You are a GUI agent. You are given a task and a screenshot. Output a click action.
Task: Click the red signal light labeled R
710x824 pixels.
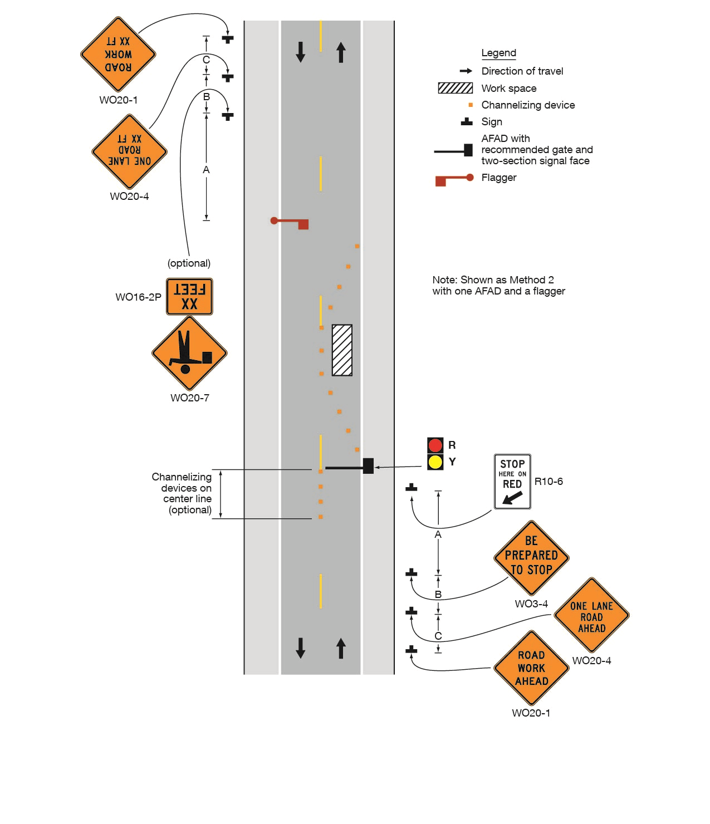click(435, 445)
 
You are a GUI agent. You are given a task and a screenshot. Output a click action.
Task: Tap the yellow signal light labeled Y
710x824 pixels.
click(435, 462)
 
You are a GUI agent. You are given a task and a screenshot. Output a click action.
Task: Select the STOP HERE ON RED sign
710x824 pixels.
click(512, 482)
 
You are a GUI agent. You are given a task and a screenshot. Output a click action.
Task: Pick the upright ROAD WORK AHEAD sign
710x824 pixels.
click(531, 668)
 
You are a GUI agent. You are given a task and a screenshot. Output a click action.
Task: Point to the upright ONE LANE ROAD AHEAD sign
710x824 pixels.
click(591, 615)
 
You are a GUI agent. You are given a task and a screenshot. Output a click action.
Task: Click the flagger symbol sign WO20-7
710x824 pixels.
click(189, 353)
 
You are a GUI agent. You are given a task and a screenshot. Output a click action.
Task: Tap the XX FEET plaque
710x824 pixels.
click(189, 297)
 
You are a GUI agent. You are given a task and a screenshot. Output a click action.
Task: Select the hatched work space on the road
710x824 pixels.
click(342, 350)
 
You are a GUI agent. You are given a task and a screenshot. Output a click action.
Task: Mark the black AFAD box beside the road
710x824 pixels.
click(368, 466)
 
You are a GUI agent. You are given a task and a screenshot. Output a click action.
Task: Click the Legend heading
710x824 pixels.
click(498, 53)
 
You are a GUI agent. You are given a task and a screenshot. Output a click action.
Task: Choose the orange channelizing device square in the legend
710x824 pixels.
click(471, 105)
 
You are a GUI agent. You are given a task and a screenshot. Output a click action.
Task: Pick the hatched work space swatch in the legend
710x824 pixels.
click(455, 88)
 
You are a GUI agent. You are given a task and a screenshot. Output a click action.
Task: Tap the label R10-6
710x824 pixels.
click(549, 482)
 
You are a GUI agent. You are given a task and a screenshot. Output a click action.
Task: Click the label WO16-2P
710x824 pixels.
click(138, 297)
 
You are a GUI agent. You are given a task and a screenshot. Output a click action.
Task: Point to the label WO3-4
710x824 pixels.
click(531, 604)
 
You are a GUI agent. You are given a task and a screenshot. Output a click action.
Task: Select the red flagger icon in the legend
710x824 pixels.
click(454, 179)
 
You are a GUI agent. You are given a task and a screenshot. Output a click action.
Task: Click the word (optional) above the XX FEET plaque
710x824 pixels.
click(189, 263)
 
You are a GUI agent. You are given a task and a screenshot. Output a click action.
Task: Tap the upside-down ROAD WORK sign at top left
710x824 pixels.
click(118, 55)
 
